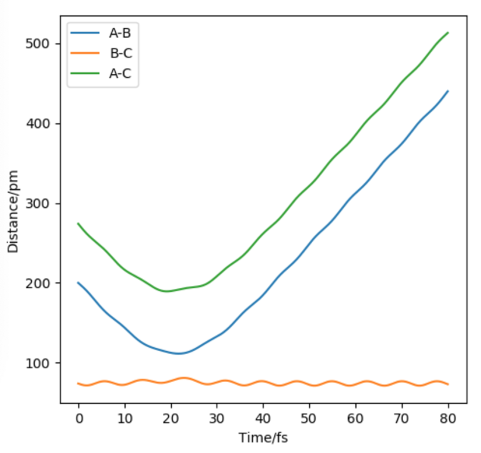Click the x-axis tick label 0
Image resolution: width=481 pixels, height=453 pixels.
pos(78,417)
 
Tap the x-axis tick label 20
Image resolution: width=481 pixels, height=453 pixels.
pos(170,417)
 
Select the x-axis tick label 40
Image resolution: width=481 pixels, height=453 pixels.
pos(263,417)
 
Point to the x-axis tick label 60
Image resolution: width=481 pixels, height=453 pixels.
pos(355,417)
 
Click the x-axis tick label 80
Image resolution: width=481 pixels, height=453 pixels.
pos(448,417)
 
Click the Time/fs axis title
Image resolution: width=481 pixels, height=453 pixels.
pos(263,437)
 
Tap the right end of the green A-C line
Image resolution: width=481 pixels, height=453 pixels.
pos(448,33)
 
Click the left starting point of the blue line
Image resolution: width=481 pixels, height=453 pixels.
pos(78,283)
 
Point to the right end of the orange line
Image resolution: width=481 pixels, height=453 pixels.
pos(448,384)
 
